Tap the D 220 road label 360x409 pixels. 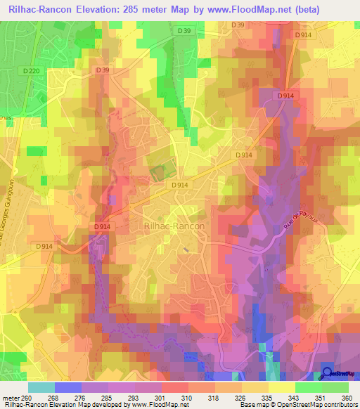pos(31,71)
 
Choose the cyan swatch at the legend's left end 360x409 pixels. pos(41,387)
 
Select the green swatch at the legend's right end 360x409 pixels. pos(335,387)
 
